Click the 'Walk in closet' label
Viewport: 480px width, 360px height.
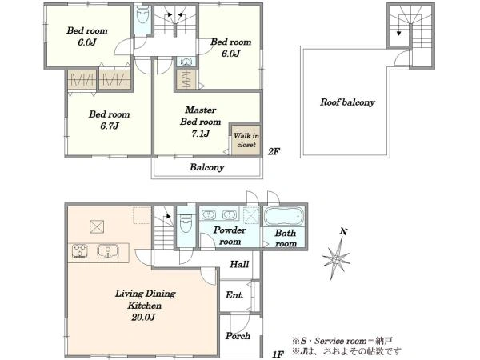[246, 140]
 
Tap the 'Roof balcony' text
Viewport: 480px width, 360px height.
[347, 102]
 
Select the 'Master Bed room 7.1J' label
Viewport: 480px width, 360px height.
[201, 122]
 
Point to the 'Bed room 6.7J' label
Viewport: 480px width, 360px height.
[110, 120]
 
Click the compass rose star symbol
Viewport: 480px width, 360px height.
[336, 259]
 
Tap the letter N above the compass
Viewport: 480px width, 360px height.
[343, 232]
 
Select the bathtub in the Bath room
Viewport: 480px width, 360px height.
[284, 217]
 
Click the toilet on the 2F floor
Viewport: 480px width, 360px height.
[142, 15]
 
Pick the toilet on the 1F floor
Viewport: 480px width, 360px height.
[186, 224]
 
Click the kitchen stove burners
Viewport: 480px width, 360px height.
[80, 251]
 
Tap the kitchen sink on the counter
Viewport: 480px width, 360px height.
[108, 251]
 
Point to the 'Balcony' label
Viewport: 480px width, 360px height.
[207, 167]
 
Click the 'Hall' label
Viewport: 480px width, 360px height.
[239, 264]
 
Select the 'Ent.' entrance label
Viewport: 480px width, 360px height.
[234, 295]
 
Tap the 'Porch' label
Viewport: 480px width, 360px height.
[238, 336]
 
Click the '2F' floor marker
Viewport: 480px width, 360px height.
[274, 151]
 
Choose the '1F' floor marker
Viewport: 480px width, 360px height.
[278, 354]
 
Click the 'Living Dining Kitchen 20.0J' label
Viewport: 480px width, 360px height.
[145, 306]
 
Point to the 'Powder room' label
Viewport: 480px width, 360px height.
[230, 236]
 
